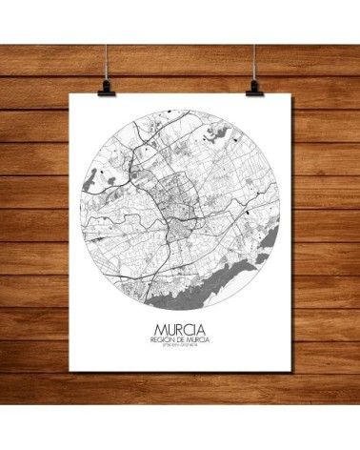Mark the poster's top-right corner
(287, 94)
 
